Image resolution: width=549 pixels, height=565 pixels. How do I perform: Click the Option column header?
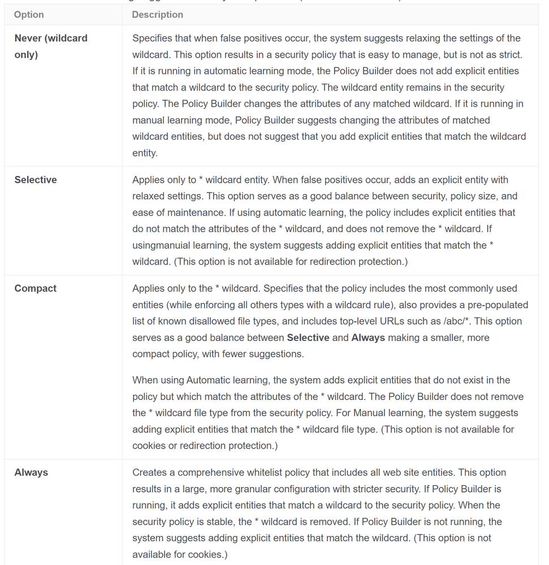29,15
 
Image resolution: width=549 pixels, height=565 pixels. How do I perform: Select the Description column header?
157,15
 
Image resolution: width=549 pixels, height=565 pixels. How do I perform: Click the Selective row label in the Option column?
36,180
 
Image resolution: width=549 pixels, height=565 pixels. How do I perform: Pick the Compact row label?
36,288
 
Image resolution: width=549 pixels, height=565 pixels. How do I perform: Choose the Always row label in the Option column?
31,472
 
